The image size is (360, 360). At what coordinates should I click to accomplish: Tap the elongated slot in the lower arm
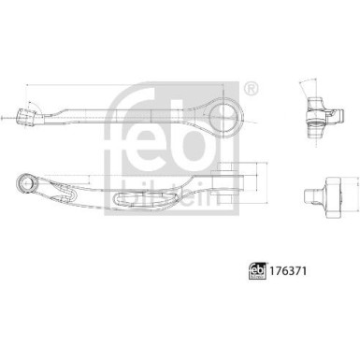[129, 194]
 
